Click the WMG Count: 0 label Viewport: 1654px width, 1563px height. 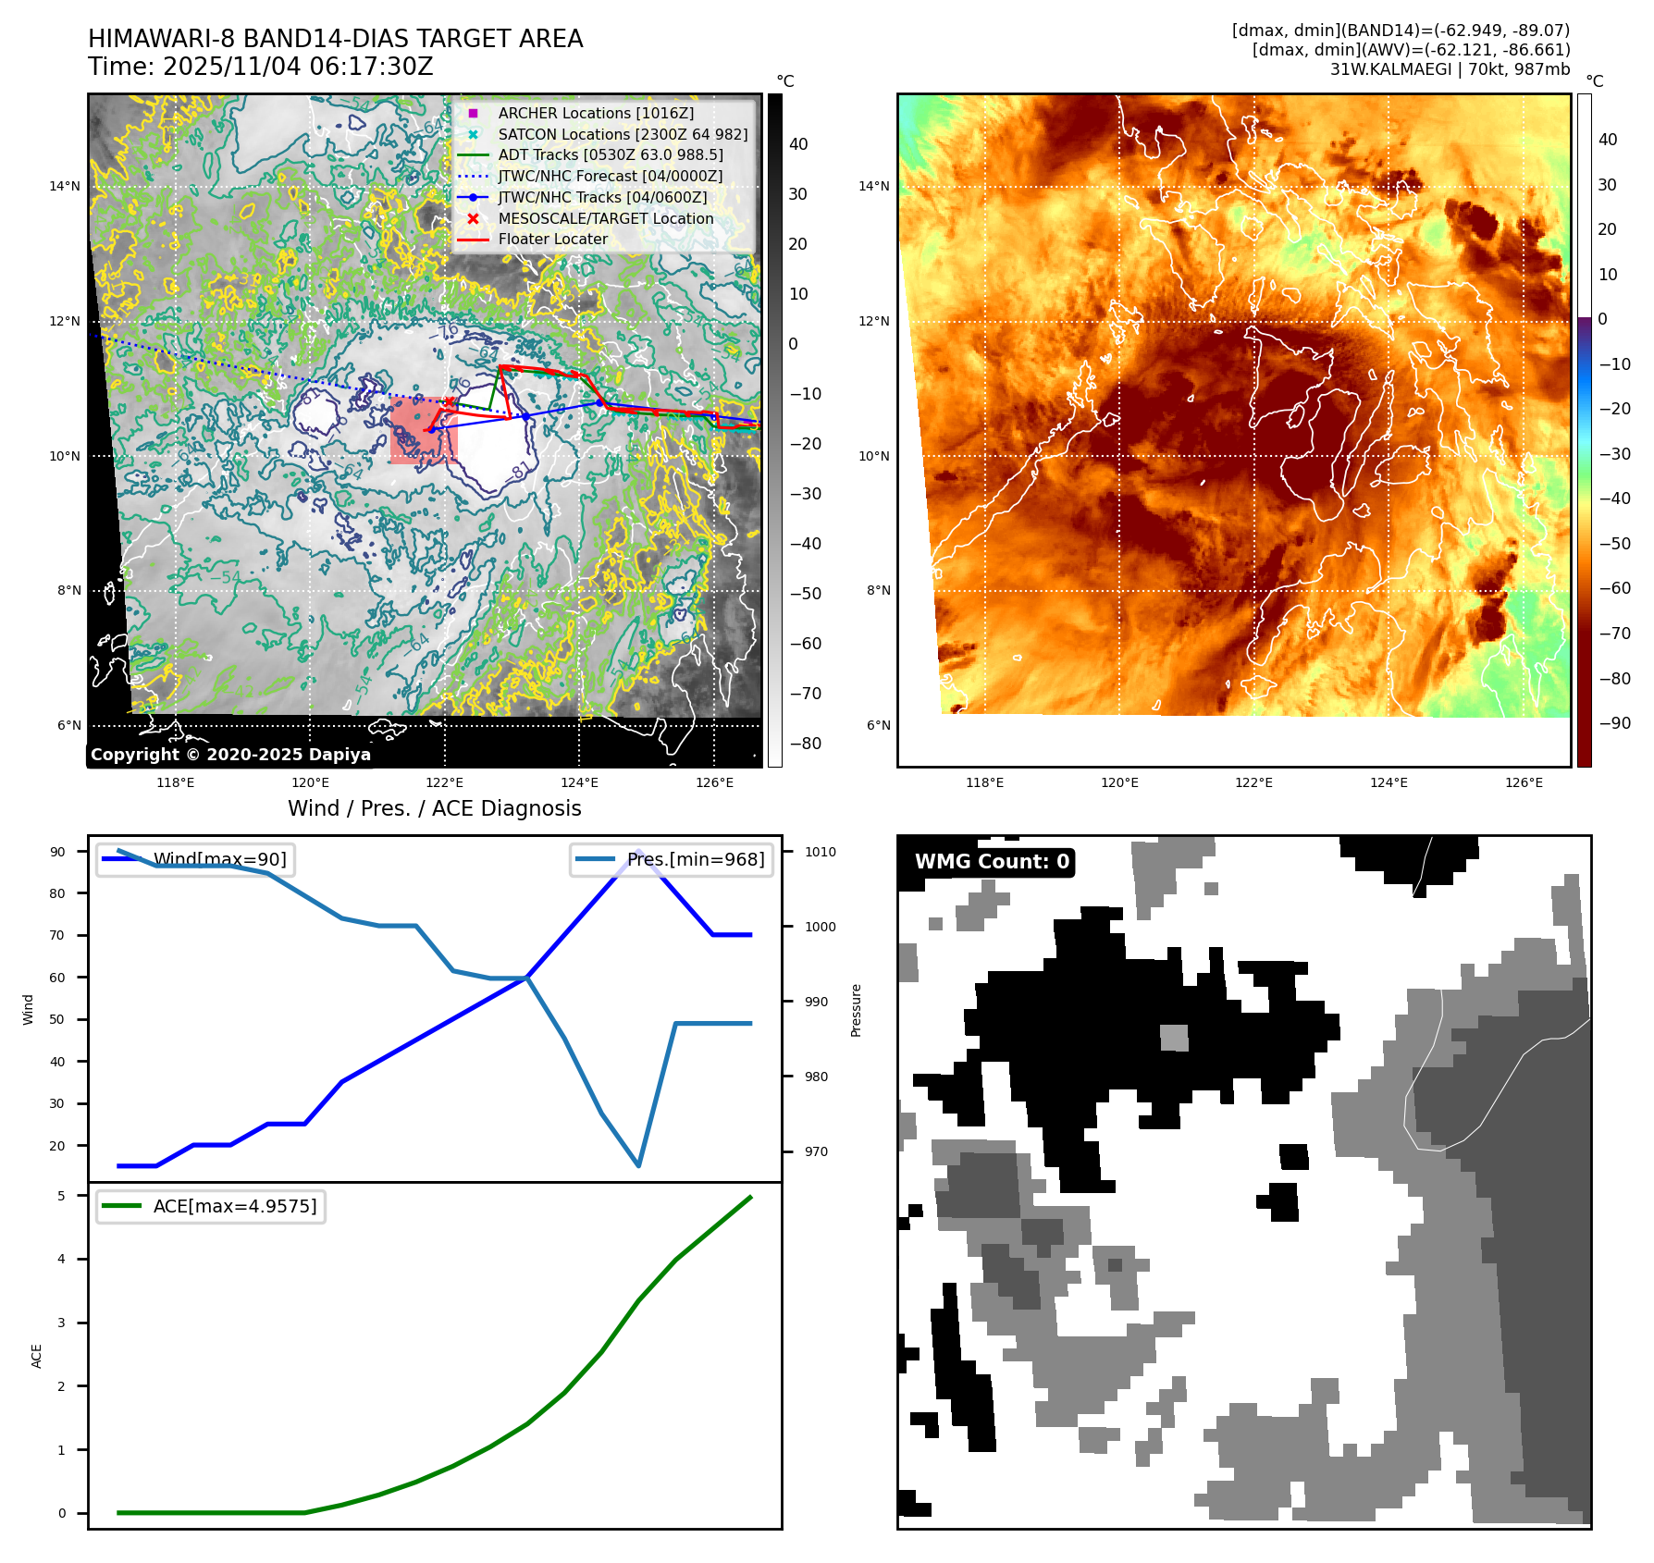pyautogui.click(x=992, y=862)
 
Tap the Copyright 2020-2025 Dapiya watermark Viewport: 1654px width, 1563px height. pyautogui.click(x=230, y=755)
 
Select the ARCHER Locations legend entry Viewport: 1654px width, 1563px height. pyautogui.click(x=595, y=113)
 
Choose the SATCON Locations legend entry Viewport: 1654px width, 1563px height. pyautogui.click(x=623, y=134)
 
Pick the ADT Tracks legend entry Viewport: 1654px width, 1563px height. pyautogui.click(x=610, y=155)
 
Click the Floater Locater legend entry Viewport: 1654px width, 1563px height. pyautogui.click(x=552, y=240)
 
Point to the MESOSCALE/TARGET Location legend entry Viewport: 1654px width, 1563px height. pyautogui.click(x=605, y=218)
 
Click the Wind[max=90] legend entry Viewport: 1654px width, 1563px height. pyautogui.click(x=219, y=859)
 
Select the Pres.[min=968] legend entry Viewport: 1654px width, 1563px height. pyautogui.click(x=696, y=859)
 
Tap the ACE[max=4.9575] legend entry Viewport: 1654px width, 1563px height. pyautogui.click(x=234, y=1206)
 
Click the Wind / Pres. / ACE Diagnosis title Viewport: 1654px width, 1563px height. pyautogui.click(x=435, y=808)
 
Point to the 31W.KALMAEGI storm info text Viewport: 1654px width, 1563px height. pyautogui.click(x=1450, y=69)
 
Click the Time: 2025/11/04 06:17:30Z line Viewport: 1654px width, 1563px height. pyautogui.click(x=260, y=67)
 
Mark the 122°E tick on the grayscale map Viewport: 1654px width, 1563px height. pyautogui.click(x=445, y=782)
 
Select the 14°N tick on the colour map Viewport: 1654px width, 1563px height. pyautogui.click(x=874, y=186)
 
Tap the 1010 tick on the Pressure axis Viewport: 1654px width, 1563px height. pyautogui.click(x=820, y=852)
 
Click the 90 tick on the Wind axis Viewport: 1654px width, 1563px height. pyautogui.click(x=57, y=852)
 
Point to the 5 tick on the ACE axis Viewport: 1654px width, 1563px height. pyautogui.click(x=61, y=1196)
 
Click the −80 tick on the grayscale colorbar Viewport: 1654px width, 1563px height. pyautogui.click(x=805, y=744)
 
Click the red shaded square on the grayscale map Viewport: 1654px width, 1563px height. pyautogui.click(x=424, y=431)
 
